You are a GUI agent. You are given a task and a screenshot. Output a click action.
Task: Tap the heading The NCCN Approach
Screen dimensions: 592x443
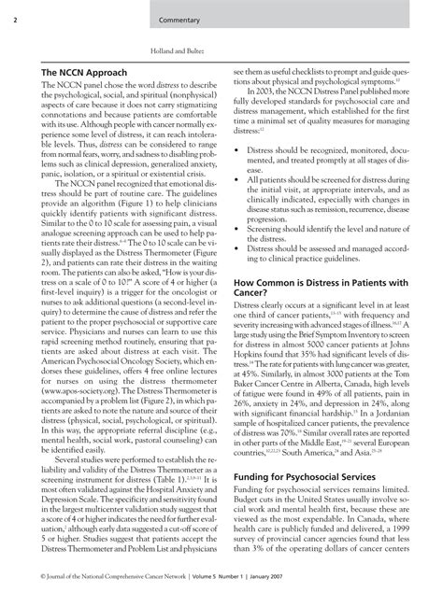(x=83, y=71)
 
